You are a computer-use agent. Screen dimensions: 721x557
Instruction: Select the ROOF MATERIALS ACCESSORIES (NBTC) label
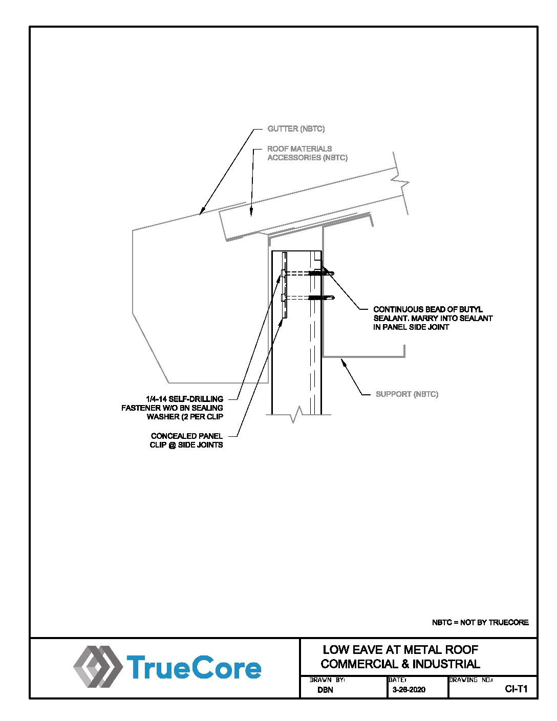307,153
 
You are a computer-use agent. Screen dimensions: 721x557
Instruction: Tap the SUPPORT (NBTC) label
407,394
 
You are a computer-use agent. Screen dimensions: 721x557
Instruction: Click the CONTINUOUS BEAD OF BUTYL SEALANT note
433,318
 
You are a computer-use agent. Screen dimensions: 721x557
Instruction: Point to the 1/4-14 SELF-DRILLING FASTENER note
173,408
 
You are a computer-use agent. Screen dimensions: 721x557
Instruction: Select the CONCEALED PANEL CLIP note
186,440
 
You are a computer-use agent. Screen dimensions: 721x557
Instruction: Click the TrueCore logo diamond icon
97,666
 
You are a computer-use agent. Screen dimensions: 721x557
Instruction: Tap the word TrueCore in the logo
194,668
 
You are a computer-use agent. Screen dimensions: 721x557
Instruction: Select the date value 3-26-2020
409,690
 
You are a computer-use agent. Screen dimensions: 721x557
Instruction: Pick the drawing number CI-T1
516,689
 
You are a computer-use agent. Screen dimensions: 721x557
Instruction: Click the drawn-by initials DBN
325,690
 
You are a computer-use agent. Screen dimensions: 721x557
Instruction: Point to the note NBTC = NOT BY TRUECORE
480,623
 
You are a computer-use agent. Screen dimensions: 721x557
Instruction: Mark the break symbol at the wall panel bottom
296,415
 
